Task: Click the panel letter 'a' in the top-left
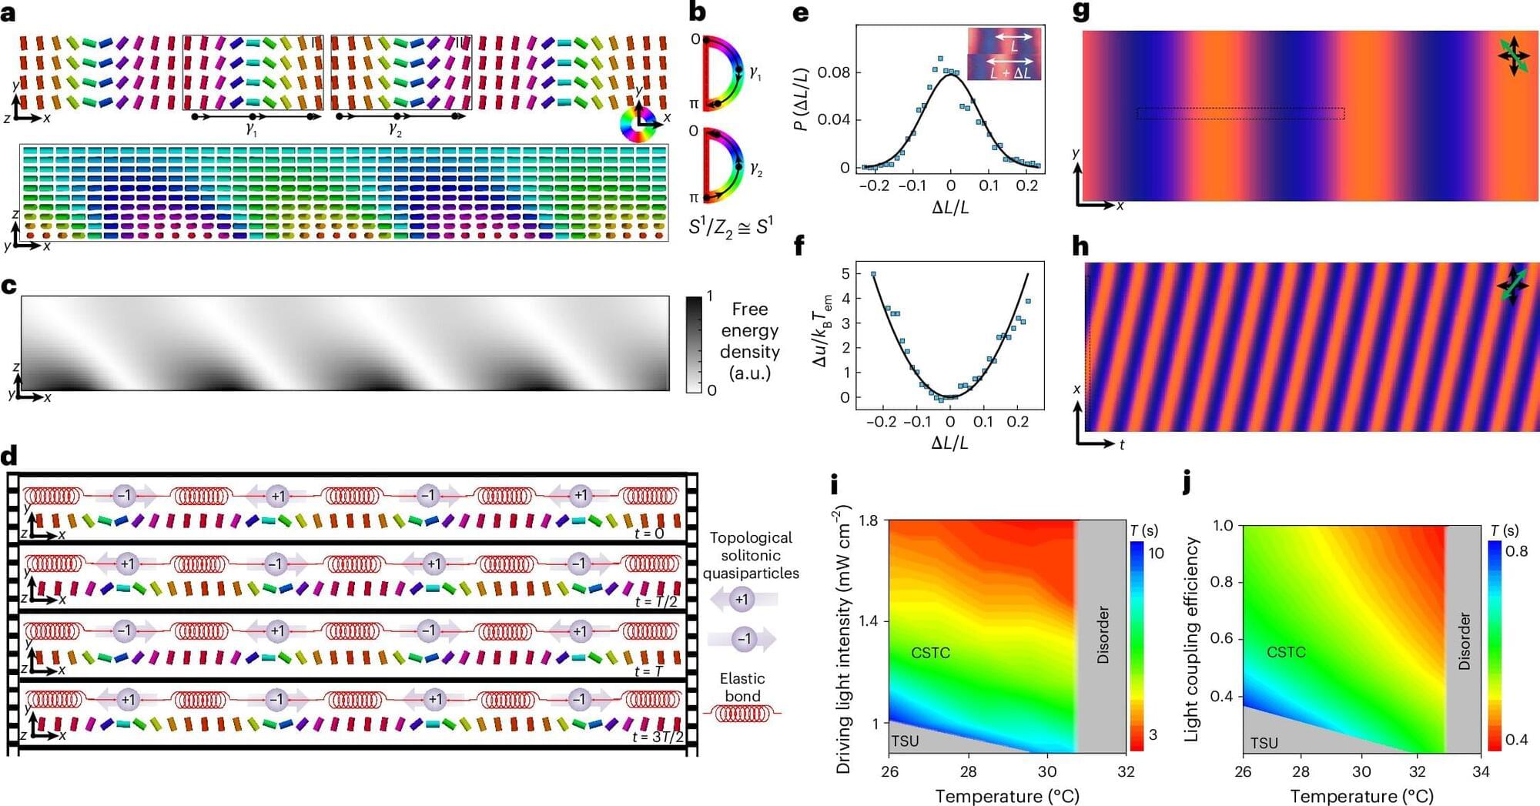point(8,13)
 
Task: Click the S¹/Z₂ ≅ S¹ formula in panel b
point(730,227)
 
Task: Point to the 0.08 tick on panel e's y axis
point(833,72)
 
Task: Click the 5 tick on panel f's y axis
point(845,274)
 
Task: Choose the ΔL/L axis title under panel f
point(949,443)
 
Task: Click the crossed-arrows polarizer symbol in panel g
point(1514,56)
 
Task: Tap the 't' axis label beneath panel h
point(1122,445)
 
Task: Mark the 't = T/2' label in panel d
point(656,601)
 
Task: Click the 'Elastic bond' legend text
point(742,687)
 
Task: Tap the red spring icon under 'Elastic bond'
point(742,714)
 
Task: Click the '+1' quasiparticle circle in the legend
point(742,599)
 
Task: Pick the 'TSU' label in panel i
point(905,741)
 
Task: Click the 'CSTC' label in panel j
point(1286,652)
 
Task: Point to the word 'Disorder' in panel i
point(1103,635)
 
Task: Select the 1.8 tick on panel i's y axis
point(868,521)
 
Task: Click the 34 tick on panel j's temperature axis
point(1480,772)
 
